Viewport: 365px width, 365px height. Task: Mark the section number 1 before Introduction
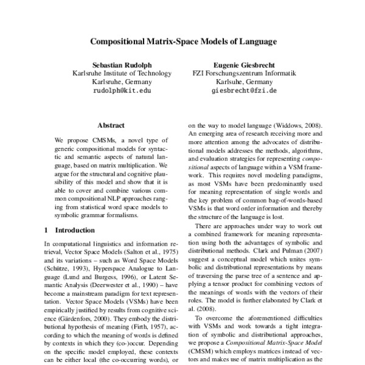(47, 231)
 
